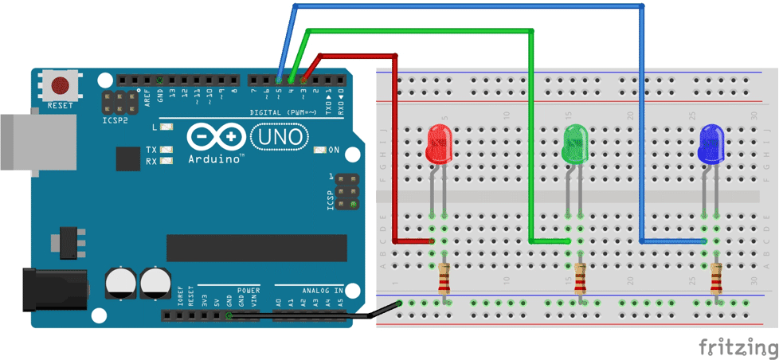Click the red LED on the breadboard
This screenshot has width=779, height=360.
(x=439, y=144)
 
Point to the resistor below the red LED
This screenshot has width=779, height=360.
(x=444, y=280)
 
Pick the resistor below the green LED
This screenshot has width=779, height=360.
(x=580, y=280)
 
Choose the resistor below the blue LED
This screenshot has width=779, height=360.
(x=716, y=280)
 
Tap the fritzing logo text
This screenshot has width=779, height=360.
(x=738, y=348)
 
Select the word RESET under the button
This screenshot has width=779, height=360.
(x=60, y=105)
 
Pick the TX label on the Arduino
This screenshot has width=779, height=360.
(x=151, y=149)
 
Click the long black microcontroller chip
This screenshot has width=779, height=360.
(x=256, y=248)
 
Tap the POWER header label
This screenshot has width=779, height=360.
(x=249, y=291)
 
